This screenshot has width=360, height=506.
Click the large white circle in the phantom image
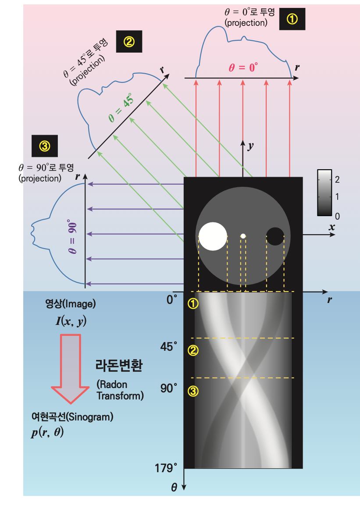[x=213, y=236]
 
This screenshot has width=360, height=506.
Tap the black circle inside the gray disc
[x=276, y=236]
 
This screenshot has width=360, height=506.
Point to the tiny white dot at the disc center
[x=243, y=236]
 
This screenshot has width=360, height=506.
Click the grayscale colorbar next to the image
[x=324, y=192]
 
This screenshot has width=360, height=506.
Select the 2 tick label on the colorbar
[x=337, y=179]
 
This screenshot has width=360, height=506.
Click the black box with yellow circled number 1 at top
[x=292, y=19]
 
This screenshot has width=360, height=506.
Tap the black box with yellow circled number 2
[x=129, y=42]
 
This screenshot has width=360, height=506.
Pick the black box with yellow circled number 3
[x=45, y=146]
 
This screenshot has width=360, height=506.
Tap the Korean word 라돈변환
[x=118, y=366]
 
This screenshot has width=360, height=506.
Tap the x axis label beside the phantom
[x=332, y=227]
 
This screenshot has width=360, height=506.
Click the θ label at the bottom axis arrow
[x=174, y=488]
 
